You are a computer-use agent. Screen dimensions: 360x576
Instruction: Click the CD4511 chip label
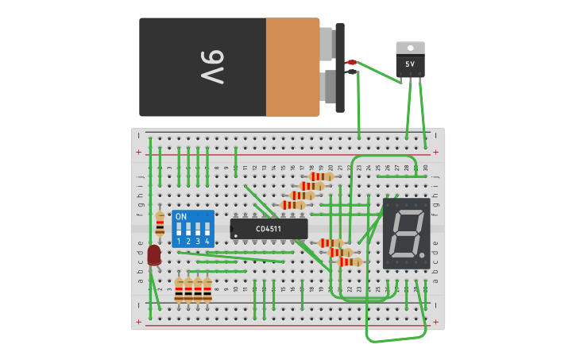(269, 229)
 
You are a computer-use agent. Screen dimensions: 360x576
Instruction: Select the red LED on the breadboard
(154, 254)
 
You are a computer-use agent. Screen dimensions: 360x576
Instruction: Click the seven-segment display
(407, 233)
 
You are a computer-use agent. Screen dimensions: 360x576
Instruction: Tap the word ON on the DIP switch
(181, 216)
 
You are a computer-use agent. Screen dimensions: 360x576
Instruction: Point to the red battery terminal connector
(351, 62)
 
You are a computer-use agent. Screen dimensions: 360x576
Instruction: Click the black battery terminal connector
(351, 72)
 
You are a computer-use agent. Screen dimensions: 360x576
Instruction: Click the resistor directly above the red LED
(160, 223)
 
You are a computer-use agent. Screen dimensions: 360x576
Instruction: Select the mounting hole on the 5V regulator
(410, 47)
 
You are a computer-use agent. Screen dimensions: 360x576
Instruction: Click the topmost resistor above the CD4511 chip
(321, 176)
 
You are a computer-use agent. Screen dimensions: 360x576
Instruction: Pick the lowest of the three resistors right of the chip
(350, 261)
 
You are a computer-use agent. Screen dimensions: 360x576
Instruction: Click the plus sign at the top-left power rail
(139, 152)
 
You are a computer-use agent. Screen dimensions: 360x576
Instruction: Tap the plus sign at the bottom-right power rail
(436, 322)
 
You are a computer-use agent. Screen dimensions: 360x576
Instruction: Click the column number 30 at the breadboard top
(425, 168)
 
